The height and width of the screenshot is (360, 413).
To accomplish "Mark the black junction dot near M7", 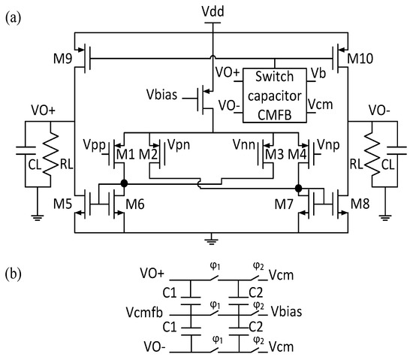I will tap(299, 187).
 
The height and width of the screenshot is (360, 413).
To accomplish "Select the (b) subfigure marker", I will tap(13, 274).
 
